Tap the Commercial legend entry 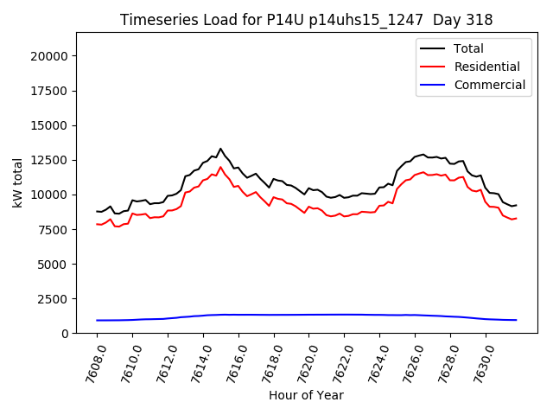tap(489, 85)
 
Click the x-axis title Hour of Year tap(307, 395)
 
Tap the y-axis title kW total tap(17, 183)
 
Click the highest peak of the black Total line tap(220, 149)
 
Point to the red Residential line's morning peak tap(220, 167)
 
